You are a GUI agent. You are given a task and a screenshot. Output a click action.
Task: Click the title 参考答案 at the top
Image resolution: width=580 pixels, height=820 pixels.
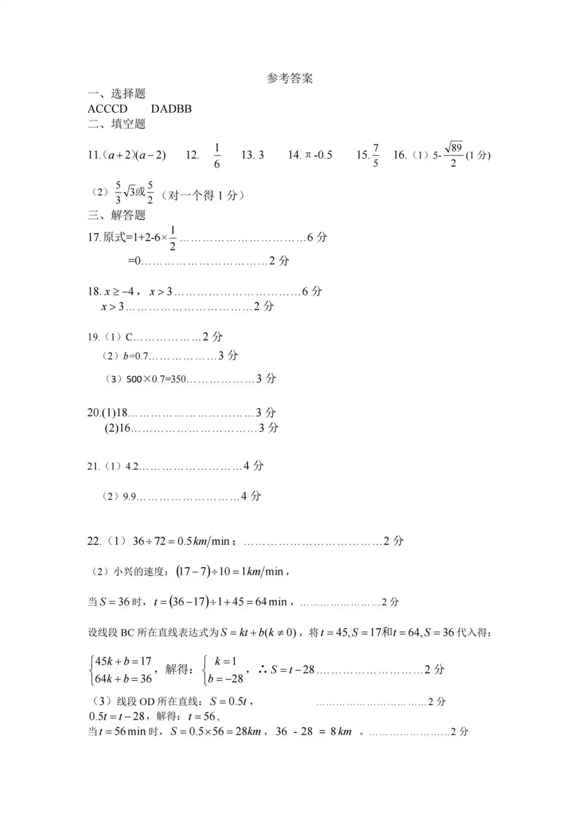click(289, 79)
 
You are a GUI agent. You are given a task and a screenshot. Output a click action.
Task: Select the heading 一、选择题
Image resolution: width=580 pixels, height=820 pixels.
click(117, 94)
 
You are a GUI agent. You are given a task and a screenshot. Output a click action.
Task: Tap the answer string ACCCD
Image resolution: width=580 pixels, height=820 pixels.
click(107, 109)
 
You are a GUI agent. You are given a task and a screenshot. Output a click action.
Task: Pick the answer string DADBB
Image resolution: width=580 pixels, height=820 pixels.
click(171, 109)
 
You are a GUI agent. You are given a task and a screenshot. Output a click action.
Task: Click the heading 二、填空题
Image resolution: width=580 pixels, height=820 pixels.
click(117, 124)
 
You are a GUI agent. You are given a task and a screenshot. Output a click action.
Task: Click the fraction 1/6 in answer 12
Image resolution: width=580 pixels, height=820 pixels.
click(217, 155)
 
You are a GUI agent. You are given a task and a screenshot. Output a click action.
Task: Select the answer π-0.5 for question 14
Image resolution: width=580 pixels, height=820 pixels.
click(318, 155)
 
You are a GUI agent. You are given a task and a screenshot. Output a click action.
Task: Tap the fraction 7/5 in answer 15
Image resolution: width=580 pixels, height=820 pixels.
click(375, 155)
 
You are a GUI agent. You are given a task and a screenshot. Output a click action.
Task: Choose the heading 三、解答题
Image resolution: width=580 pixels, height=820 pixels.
click(117, 215)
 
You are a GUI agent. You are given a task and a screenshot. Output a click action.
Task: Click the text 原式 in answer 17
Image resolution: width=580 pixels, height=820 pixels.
click(114, 237)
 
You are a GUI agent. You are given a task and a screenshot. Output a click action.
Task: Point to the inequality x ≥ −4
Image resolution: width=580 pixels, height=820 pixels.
click(119, 292)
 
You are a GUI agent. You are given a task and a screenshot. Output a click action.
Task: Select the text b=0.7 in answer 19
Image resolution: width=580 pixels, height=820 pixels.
click(136, 356)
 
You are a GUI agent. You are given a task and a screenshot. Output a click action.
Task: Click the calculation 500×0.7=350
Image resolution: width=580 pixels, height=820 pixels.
click(156, 379)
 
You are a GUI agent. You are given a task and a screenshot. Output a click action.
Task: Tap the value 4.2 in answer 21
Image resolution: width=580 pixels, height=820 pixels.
click(132, 466)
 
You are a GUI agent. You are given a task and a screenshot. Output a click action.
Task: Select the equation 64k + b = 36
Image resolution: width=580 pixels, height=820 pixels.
click(123, 679)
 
